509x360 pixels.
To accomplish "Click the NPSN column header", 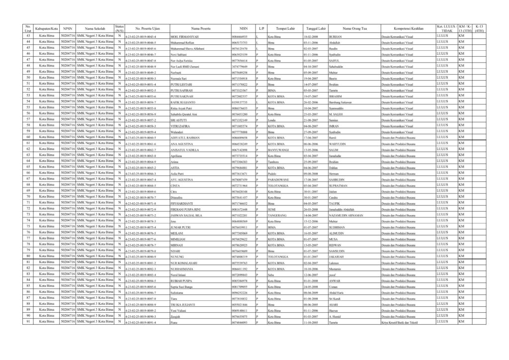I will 68,29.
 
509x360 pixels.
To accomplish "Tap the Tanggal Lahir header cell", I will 316,29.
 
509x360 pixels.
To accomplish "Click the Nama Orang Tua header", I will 354,29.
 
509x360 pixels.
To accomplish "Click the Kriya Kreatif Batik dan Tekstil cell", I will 401,323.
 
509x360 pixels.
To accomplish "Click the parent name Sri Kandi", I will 335,298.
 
